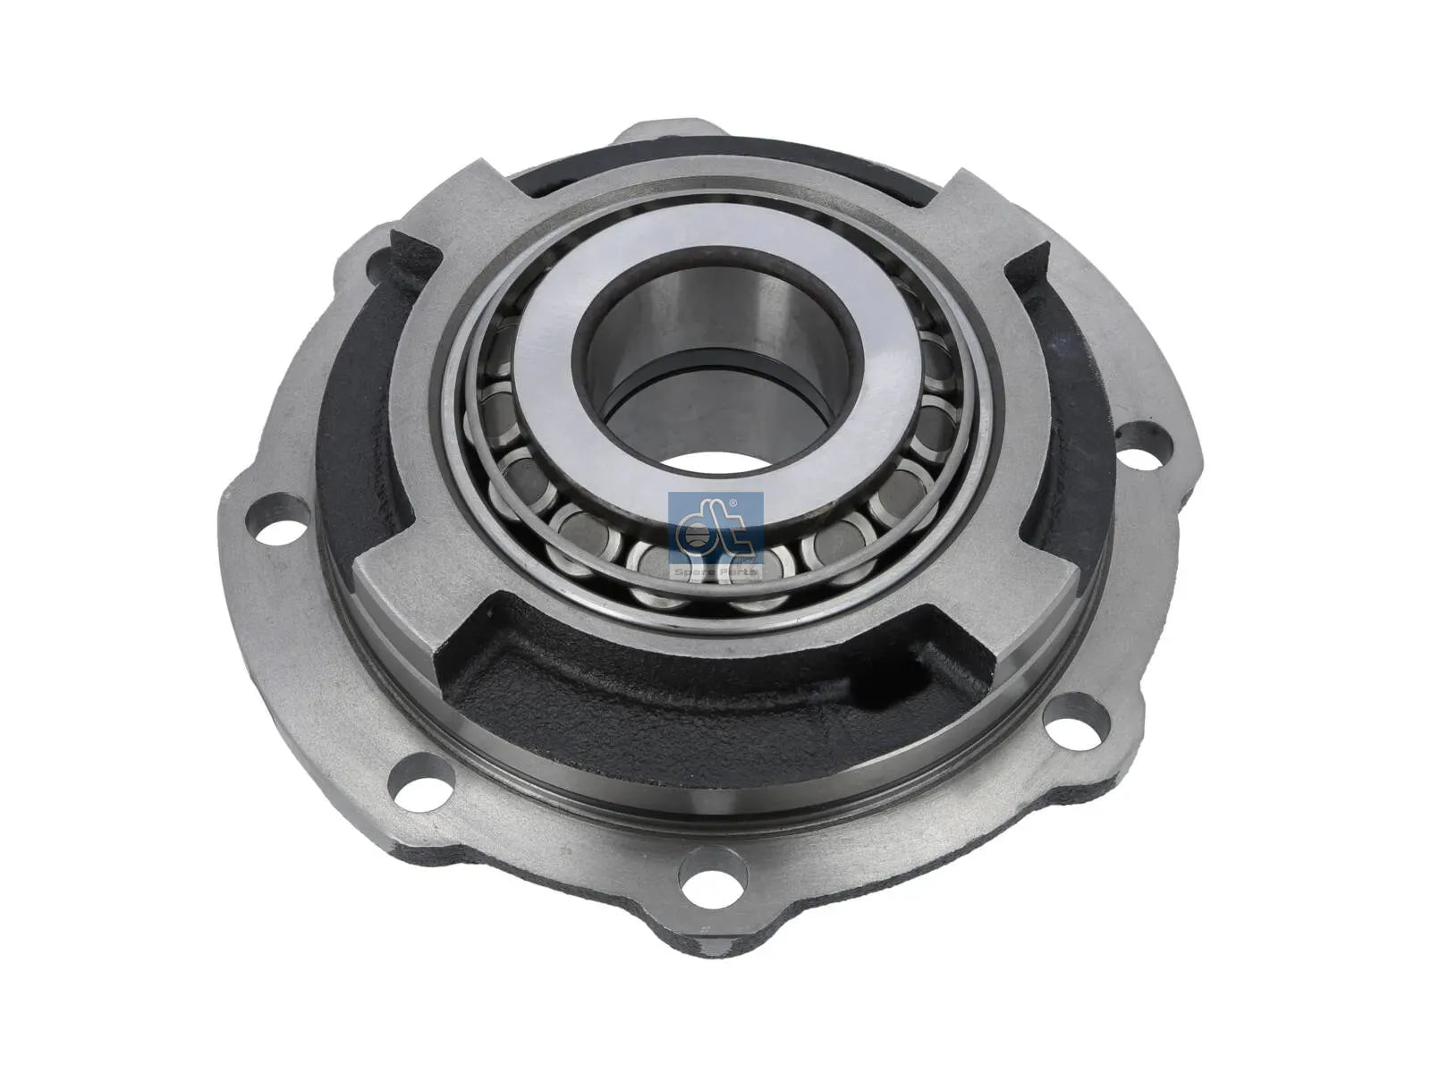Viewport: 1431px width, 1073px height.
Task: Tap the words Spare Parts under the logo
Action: pos(715,570)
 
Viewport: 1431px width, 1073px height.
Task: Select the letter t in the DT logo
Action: pos(731,534)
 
